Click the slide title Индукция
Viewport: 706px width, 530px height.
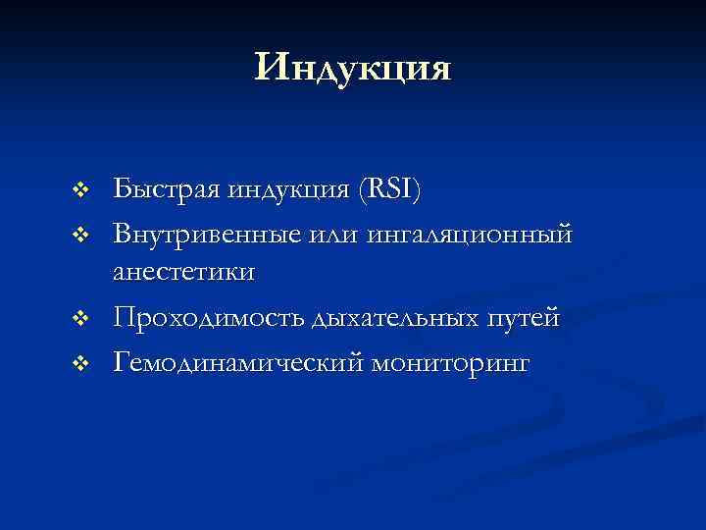click(x=353, y=69)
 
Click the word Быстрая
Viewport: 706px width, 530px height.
click(x=167, y=188)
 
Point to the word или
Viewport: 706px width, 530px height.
click(x=336, y=236)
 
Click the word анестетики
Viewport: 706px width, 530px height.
click(x=185, y=272)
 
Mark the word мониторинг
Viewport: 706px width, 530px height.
click(x=450, y=365)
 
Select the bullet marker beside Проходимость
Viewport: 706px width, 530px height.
click(x=82, y=319)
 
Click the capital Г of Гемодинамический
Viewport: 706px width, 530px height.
click(x=122, y=363)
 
